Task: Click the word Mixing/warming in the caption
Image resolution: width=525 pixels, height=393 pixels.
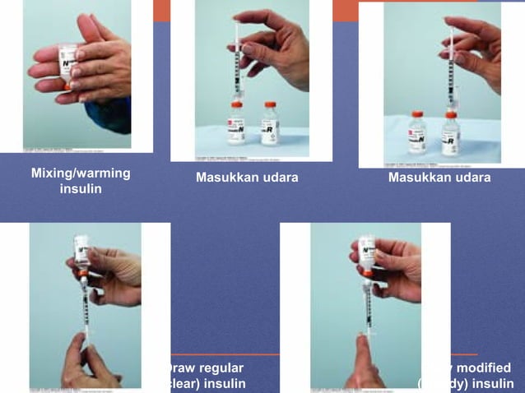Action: pyautogui.click(x=80, y=173)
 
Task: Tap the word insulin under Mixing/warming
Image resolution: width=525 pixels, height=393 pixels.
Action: pyautogui.click(x=81, y=190)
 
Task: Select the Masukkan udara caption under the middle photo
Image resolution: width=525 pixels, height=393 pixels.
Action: pyautogui.click(x=247, y=178)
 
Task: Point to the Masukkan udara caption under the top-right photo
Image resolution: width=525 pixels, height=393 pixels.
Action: pyautogui.click(x=439, y=178)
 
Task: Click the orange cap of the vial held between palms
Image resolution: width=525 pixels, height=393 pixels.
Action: pyautogui.click(x=66, y=85)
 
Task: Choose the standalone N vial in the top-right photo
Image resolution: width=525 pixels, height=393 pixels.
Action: pyautogui.click(x=417, y=133)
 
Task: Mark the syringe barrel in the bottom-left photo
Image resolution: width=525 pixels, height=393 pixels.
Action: pyautogui.click(x=85, y=308)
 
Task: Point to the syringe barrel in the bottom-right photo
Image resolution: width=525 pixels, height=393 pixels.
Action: pyautogui.click(x=368, y=306)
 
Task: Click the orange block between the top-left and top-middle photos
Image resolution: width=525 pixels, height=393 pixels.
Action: pyautogui.click(x=161, y=10)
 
